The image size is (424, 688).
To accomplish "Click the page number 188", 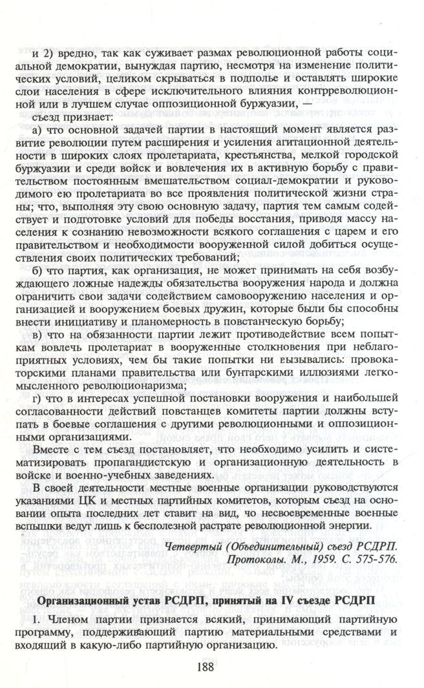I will click(211, 667).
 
